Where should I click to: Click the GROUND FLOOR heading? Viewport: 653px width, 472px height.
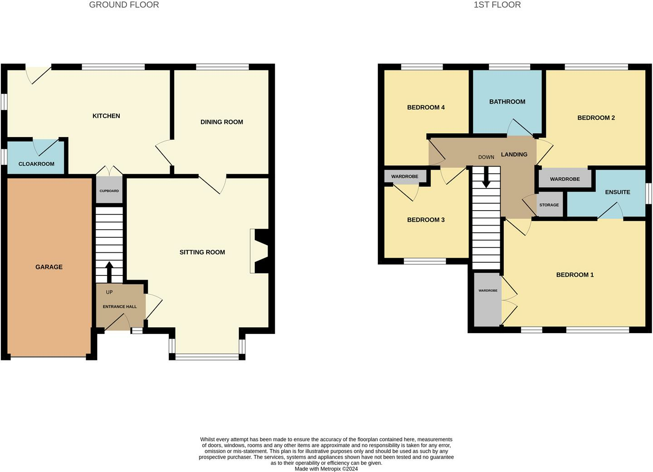(124, 5)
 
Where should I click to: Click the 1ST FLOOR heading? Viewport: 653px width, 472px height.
(497, 5)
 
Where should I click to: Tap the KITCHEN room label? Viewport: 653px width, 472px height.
(106, 116)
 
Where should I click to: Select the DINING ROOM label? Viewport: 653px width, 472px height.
(222, 122)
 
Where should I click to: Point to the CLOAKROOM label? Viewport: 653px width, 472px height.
(36, 164)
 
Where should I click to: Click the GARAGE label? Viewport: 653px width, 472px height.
(49, 267)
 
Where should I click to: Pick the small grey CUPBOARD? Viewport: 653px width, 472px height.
(109, 190)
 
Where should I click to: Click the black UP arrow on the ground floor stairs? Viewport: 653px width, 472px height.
(109, 271)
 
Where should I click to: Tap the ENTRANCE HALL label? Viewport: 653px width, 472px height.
(120, 306)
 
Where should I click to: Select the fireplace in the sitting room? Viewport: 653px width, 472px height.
(261, 251)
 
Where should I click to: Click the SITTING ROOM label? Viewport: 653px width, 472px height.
(202, 252)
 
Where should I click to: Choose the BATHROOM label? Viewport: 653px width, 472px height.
(507, 102)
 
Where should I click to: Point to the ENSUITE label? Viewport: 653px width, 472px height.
(617, 192)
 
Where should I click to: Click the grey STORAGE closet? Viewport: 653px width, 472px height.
(549, 205)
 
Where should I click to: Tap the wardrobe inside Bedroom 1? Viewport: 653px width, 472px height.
(488, 299)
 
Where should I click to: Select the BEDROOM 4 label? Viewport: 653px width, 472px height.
(426, 107)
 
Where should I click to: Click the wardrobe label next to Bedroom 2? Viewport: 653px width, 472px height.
(565, 179)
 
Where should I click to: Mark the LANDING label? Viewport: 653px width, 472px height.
(514, 154)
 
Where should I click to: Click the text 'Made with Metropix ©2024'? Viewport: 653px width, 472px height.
(326, 469)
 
